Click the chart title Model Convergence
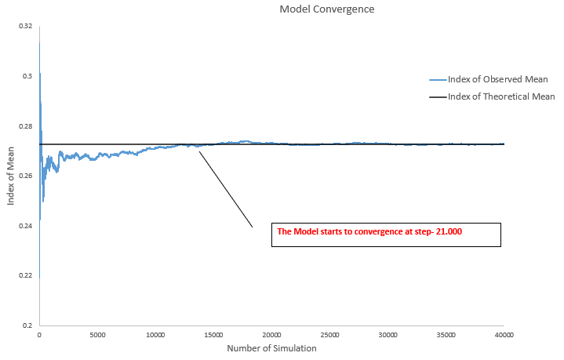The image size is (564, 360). (327, 9)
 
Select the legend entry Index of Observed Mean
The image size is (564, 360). (497, 79)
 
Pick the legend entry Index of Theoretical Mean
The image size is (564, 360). (501, 96)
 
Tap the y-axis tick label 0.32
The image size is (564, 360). (26, 26)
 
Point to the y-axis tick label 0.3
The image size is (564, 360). (27, 76)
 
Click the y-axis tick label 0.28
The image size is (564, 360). (26, 126)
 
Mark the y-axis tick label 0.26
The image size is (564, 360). (26, 176)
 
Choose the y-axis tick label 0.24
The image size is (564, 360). (26, 226)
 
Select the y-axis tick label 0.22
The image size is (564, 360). (26, 275)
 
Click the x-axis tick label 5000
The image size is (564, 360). (97, 335)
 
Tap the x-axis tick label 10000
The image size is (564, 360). (155, 335)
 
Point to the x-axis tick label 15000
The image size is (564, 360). (213, 335)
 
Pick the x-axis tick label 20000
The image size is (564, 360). (271, 335)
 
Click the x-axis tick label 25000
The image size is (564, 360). (329, 335)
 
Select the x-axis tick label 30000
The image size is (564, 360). (388, 335)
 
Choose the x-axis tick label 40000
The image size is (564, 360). (504, 335)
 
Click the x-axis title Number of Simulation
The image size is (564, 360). (271, 348)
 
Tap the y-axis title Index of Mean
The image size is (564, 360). (10, 176)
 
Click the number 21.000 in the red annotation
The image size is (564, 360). (449, 231)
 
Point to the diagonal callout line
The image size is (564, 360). (226, 189)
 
